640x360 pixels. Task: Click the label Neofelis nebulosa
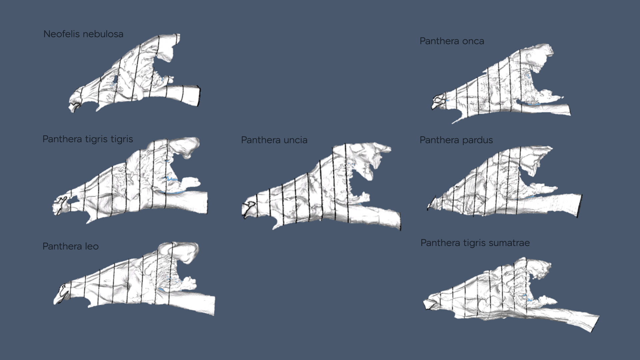(x=83, y=34)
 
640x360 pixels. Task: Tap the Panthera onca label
(x=452, y=41)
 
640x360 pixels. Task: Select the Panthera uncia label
(x=274, y=140)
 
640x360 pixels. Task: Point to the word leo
(x=92, y=246)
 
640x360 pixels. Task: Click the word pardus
(x=477, y=140)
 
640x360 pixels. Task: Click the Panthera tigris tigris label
(x=88, y=139)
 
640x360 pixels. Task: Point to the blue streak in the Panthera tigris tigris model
(x=172, y=180)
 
